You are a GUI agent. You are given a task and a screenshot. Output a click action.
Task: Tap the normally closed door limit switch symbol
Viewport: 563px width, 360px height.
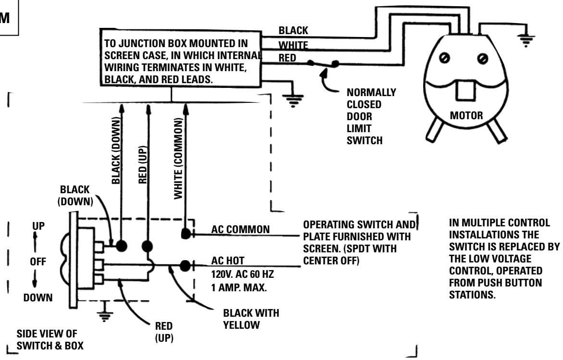[x=323, y=64]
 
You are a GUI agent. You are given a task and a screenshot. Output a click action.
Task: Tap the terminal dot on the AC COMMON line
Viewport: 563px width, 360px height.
[x=185, y=234]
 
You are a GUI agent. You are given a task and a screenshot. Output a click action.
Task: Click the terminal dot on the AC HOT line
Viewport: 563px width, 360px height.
[x=185, y=265]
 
